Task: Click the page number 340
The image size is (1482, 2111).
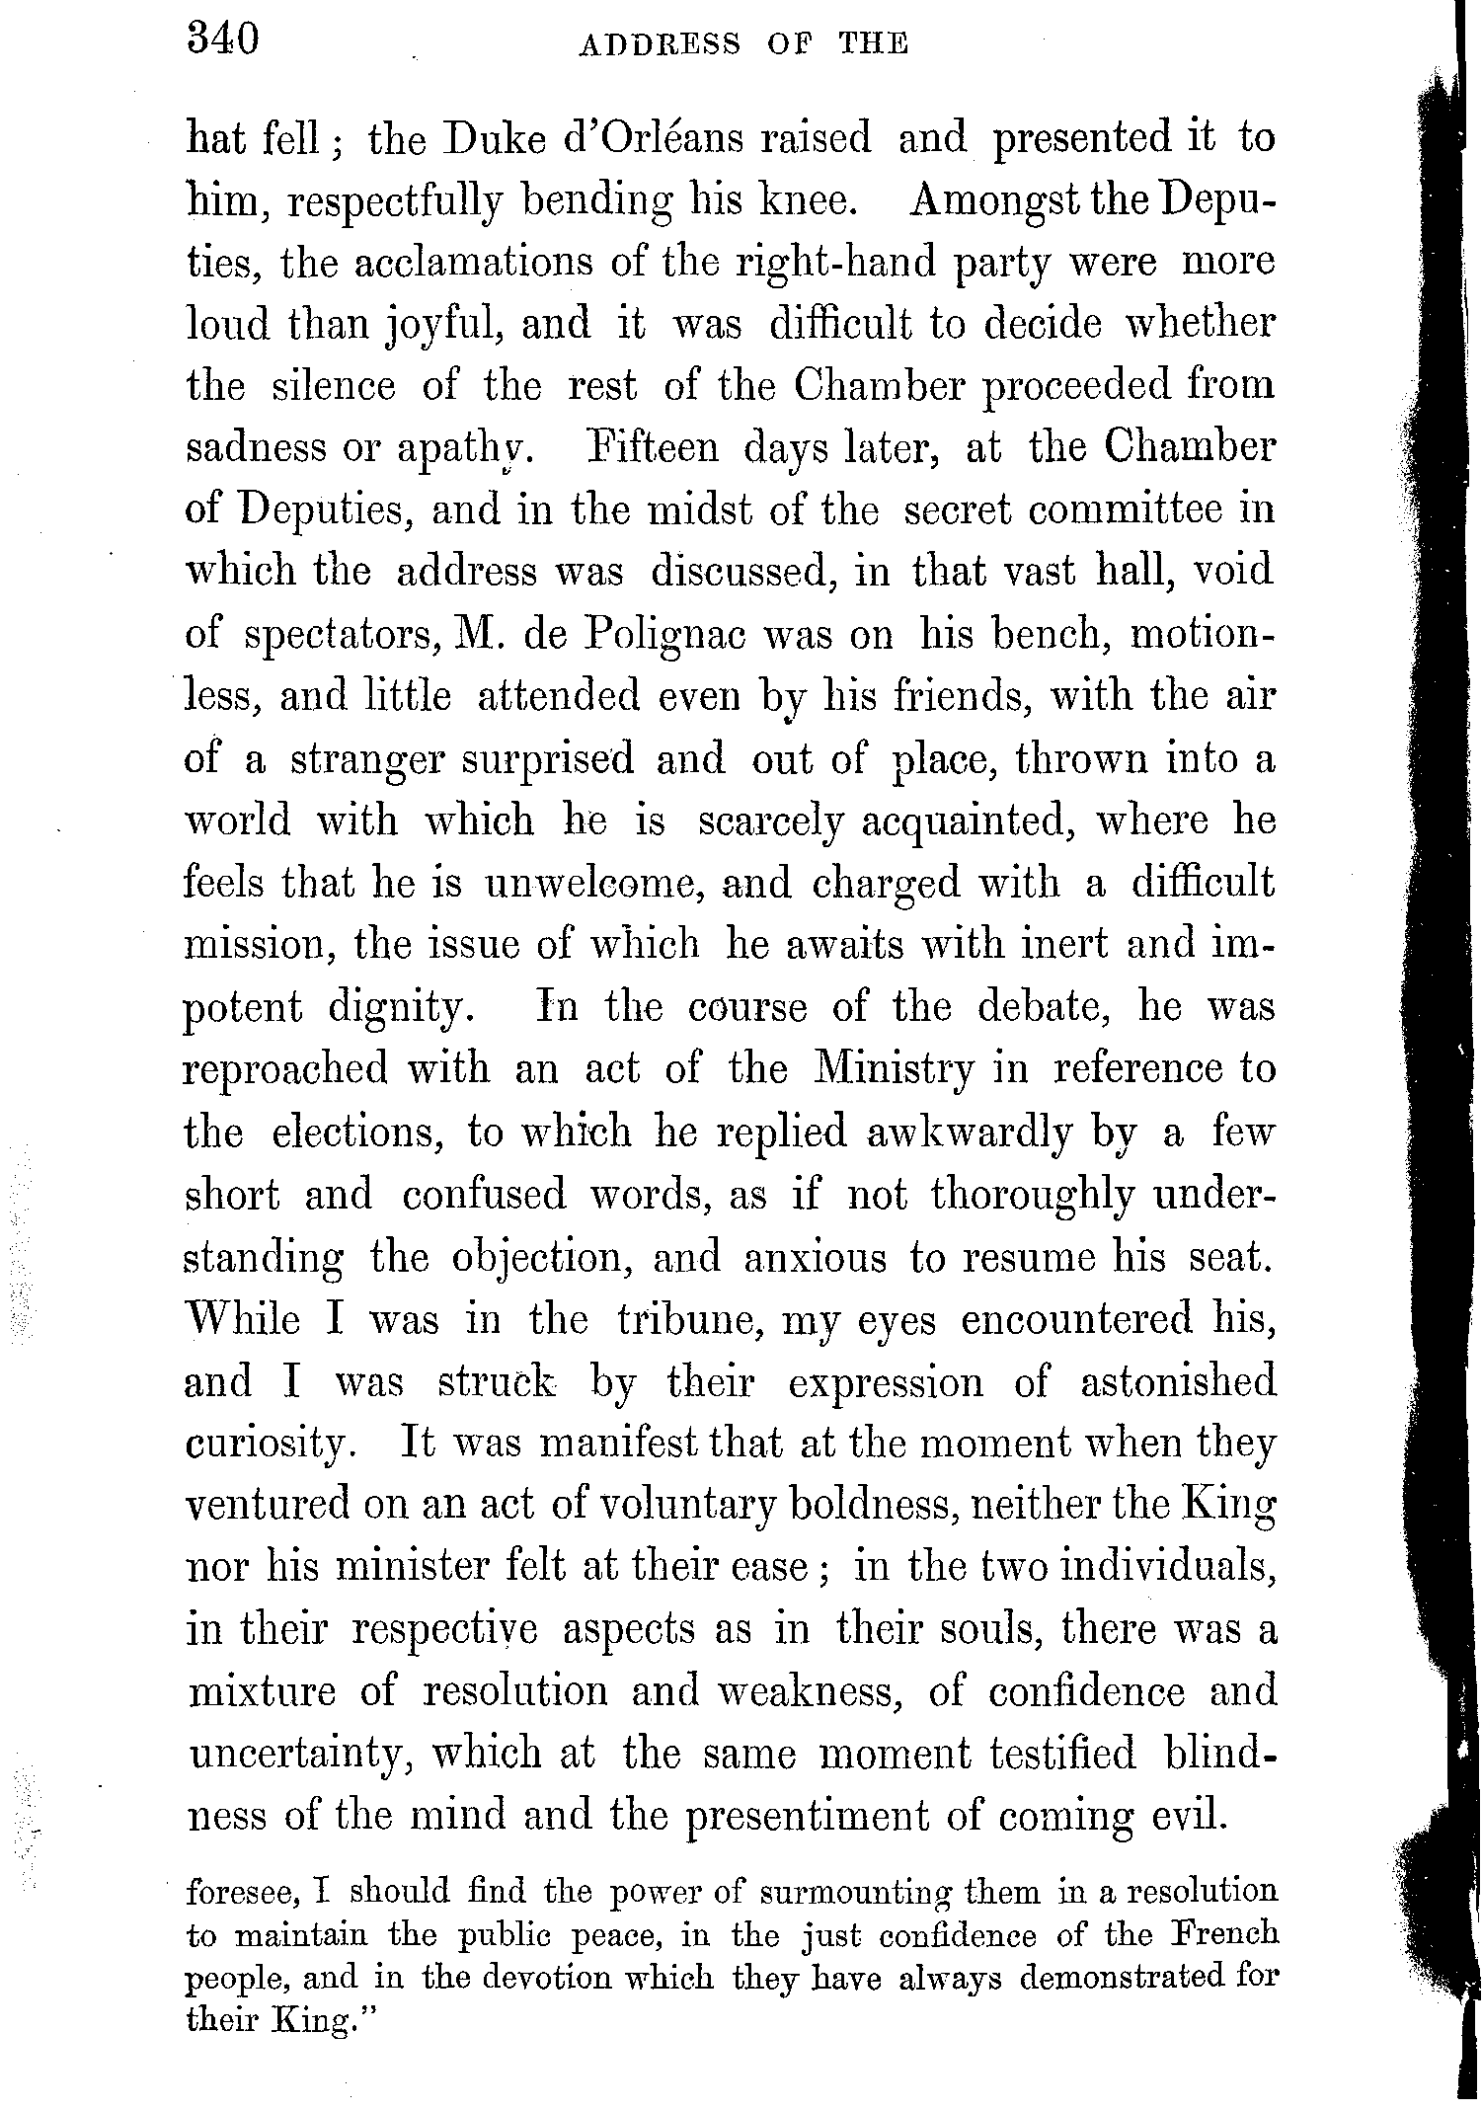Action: click(223, 41)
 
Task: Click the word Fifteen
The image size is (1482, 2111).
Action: click(654, 448)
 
